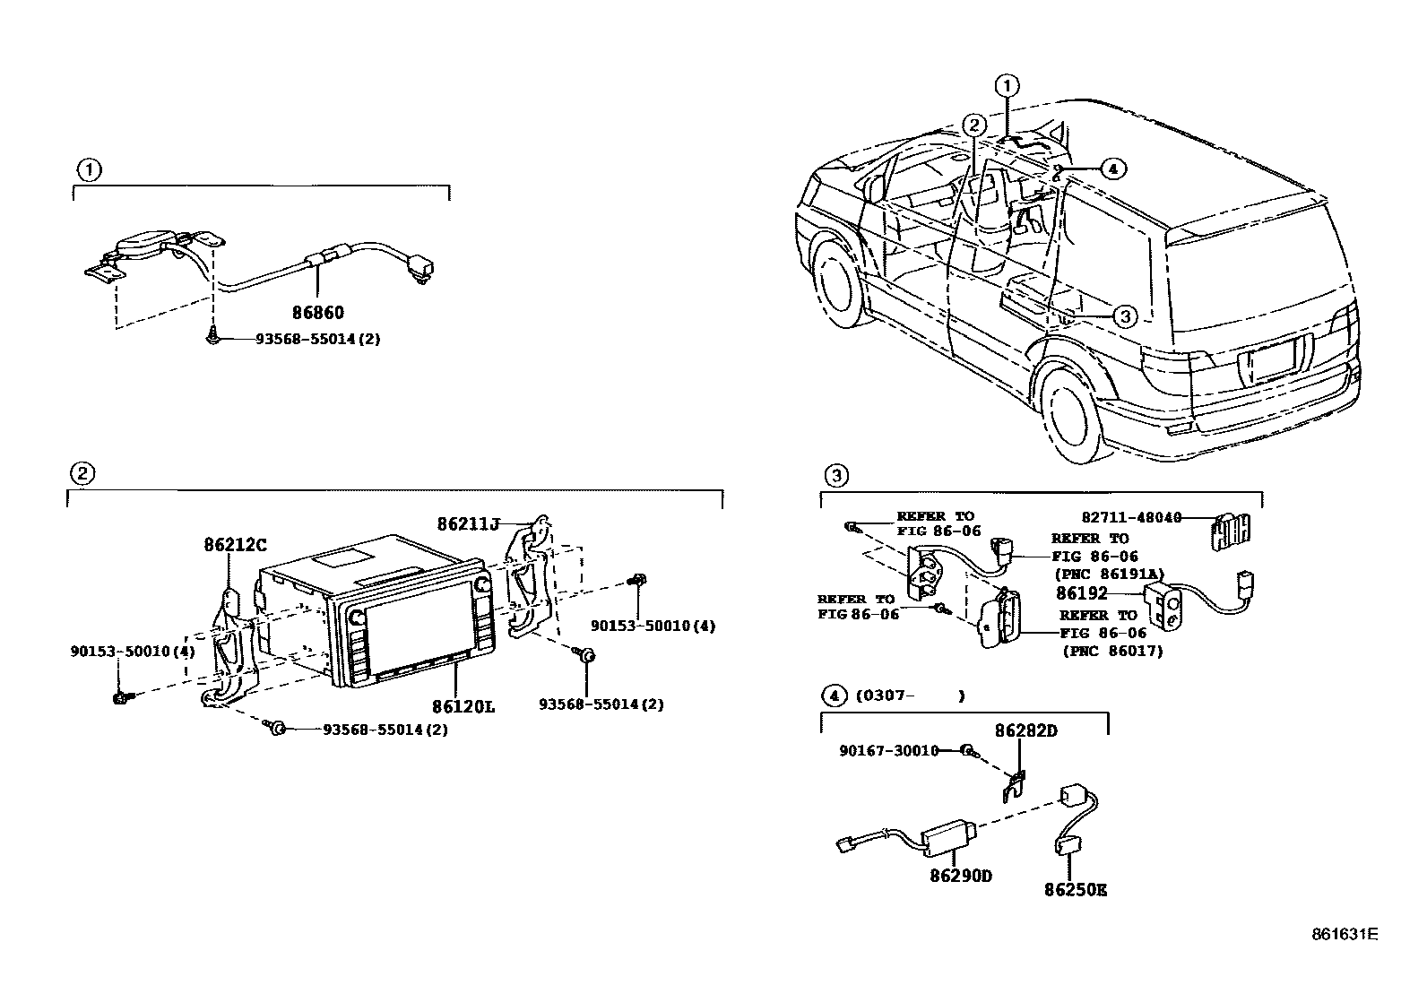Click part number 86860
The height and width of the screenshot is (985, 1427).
317,313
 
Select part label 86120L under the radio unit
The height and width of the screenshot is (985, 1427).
463,706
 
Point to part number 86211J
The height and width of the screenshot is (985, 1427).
467,523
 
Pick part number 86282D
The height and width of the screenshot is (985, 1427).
1026,730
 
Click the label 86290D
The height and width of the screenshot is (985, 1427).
960,876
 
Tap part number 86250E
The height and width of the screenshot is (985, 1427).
1076,890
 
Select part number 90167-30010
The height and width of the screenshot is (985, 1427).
888,750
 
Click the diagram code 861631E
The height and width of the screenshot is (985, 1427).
1344,933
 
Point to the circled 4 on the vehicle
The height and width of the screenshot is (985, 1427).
1111,168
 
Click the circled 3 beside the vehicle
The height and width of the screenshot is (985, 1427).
1125,315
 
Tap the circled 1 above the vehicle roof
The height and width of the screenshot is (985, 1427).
1008,86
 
